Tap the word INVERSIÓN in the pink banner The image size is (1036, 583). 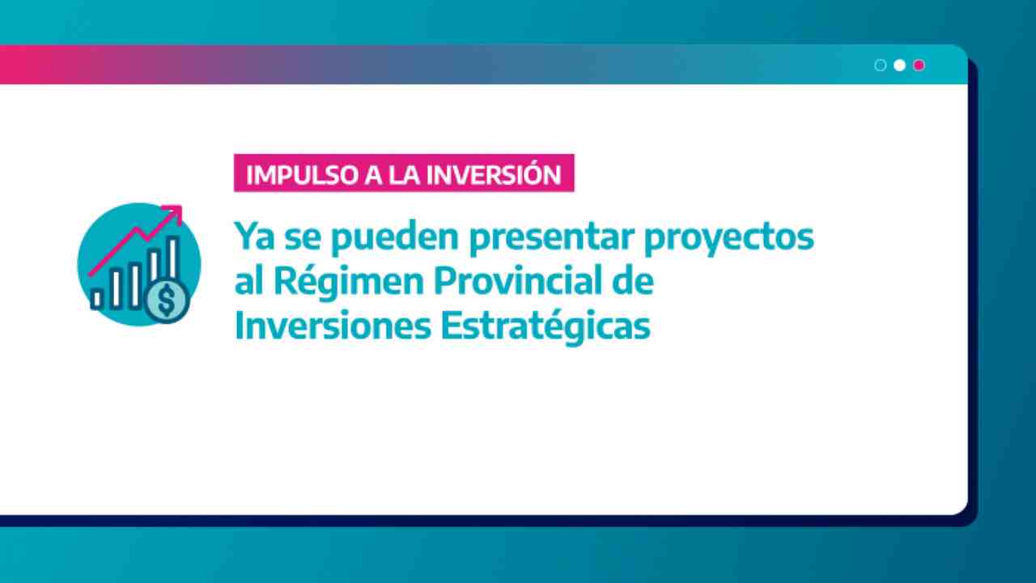coord(494,173)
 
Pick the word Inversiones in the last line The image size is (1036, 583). coord(333,326)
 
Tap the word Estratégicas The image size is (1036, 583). coord(546,327)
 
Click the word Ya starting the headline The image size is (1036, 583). coord(254,236)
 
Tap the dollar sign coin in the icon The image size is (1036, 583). coord(167,300)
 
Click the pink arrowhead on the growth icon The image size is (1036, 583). coord(175,213)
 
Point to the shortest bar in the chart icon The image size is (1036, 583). coord(96,299)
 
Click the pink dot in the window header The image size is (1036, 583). coord(919,66)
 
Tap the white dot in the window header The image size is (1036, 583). coord(899,66)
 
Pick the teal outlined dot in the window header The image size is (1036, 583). coord(880,66)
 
